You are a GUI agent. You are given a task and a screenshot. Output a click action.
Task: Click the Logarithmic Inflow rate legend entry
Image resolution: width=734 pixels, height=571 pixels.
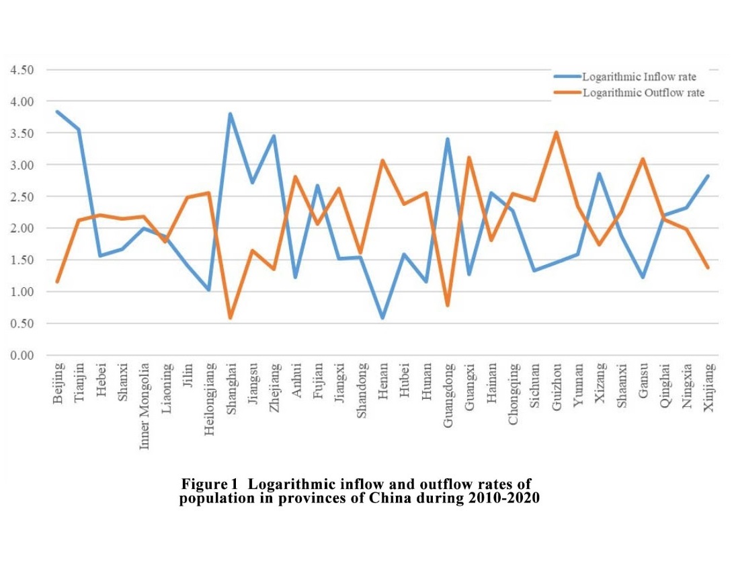tap(639, 77)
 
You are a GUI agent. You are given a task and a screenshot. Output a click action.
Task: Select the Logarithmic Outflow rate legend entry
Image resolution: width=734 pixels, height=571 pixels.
tap(643, 93)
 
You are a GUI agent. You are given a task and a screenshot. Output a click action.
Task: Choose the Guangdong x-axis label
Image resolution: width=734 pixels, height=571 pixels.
tap(448, 395)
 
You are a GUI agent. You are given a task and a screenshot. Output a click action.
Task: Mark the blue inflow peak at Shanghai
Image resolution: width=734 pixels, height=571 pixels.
tap(231, 114)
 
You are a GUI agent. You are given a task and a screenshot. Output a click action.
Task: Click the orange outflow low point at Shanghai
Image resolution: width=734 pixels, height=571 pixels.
tap(231, 317)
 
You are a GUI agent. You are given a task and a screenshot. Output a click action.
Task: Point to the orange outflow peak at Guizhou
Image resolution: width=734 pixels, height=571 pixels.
tap(556, 132)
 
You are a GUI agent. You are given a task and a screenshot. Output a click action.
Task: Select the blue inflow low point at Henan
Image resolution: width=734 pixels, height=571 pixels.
tap(382, 317)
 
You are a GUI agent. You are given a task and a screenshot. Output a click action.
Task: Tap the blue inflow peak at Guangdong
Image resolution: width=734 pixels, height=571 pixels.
tap(447, 139)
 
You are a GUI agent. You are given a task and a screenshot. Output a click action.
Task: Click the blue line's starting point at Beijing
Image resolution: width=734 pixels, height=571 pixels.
tap(58, 112)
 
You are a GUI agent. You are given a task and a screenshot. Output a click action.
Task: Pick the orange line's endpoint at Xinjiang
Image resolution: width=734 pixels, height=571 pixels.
tap(708, 268)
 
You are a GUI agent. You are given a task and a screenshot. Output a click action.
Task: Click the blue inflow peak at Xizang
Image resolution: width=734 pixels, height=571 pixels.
tap(599, 174)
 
